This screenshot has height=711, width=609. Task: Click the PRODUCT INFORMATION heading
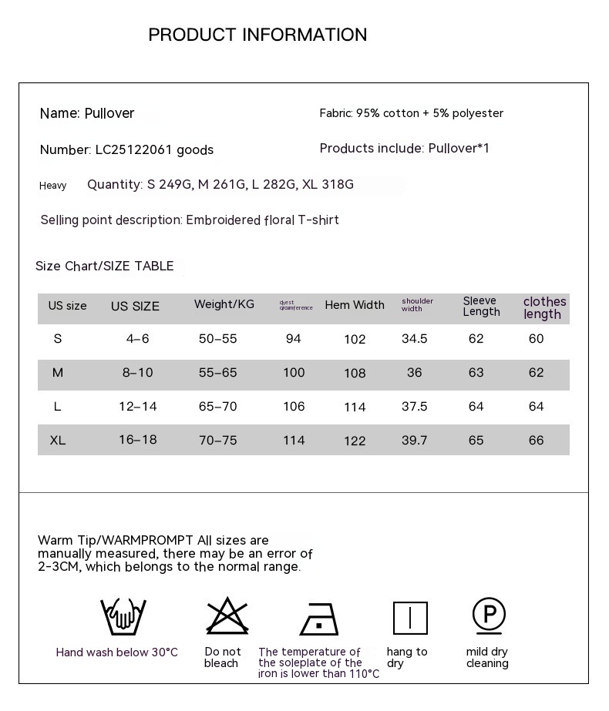(257, 35)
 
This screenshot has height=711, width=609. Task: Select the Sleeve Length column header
(481, 306)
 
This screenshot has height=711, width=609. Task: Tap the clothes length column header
(544, 307)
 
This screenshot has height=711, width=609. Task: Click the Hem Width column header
(355, 305)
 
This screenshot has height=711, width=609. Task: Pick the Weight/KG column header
(224, 304)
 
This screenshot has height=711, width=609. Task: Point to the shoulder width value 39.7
(415, 440)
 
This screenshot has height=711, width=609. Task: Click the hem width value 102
(355, 339)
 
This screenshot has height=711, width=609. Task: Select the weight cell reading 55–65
(218, 373)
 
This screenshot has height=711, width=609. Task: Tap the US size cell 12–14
(138, 406)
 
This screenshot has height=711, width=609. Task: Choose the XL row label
(58, 440)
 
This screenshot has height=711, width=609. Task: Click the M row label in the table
(58, 373)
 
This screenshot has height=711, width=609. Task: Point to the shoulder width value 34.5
(415, 339)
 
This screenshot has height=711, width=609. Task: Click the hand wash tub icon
(123, 616)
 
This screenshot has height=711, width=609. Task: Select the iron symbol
(318, 618)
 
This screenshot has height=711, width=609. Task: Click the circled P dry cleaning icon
(489, 615)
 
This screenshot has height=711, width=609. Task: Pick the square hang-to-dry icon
(410, 618)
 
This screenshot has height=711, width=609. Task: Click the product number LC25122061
(133, 149)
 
